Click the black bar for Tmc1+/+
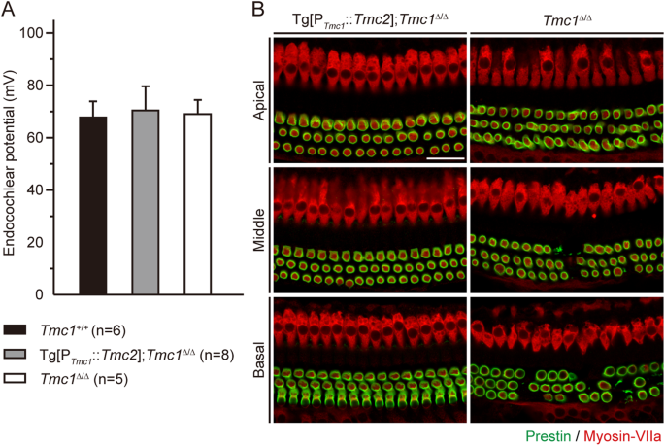click(93, 205)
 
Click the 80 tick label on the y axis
click(38, 86)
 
